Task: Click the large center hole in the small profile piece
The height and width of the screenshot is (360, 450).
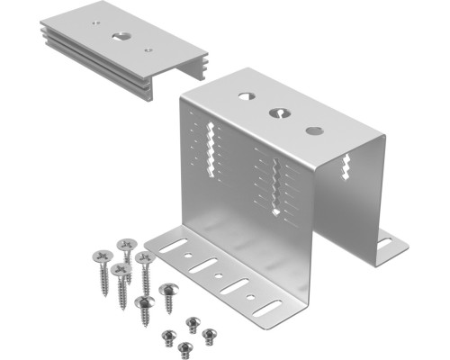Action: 121,37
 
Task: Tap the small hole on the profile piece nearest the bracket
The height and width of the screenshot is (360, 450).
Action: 148,49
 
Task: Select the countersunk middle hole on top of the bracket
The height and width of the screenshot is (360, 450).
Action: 279,113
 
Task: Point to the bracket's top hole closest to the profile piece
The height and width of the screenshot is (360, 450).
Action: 245,94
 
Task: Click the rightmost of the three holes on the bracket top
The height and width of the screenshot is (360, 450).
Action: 314,130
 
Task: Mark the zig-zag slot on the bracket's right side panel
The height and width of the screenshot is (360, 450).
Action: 347,166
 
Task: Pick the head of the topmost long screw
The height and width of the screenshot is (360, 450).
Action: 127,243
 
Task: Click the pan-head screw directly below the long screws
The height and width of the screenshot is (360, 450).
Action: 143,303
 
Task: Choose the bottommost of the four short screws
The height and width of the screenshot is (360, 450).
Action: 185,346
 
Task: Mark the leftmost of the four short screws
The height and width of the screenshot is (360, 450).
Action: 167,336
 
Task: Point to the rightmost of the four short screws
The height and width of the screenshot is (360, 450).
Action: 209,335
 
